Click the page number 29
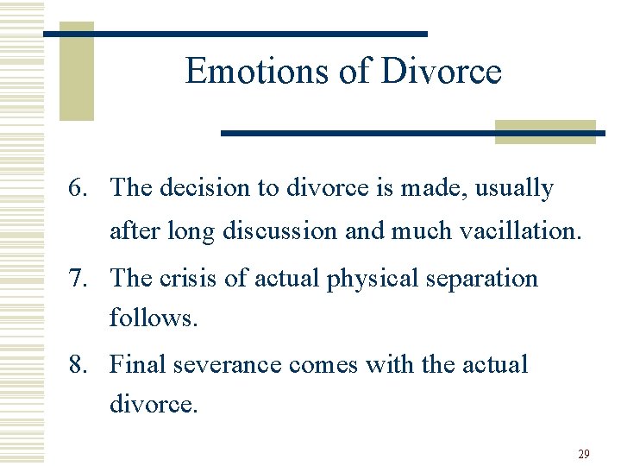(583, 454)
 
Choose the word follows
(154, 318)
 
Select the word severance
(228, 364)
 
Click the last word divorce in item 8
(154, 403)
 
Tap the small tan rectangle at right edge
(545, 131)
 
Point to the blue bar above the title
(235, 34)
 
